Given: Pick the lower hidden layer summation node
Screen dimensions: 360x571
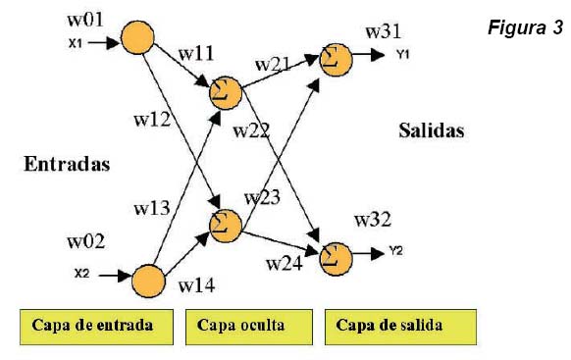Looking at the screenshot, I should tap(225, 224).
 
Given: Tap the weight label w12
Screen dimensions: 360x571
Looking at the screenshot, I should tap(152, 120).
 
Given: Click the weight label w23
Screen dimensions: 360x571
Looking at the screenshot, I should tap(263, 197).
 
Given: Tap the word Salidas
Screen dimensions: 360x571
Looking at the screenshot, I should tap(431, 129).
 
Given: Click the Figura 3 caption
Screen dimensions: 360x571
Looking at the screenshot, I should tap(525, 27).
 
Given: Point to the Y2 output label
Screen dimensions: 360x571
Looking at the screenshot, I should tap(394, 251).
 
